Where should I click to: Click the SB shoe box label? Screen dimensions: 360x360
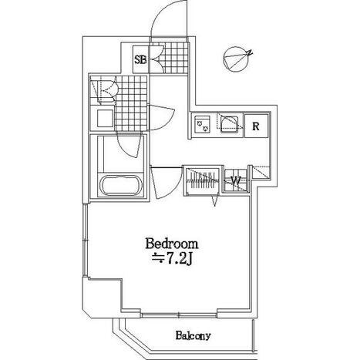coord(140,60)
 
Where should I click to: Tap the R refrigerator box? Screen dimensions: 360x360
coord(256,126)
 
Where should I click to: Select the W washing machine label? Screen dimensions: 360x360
coord(236,180)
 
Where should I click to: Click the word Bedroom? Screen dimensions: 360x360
coord(172,244)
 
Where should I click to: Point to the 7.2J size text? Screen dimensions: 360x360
coord(180,260)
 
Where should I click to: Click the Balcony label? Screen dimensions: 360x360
coord(193,335)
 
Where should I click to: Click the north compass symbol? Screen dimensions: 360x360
coord(237,59)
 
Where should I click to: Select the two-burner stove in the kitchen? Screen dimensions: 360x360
coord(203,124)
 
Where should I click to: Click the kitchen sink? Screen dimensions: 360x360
coord(230,123)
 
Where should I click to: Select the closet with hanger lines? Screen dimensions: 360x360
coord(203,180)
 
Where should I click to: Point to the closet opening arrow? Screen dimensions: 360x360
coord(215,200)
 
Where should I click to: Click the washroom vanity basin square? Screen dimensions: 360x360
coord(105,119)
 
